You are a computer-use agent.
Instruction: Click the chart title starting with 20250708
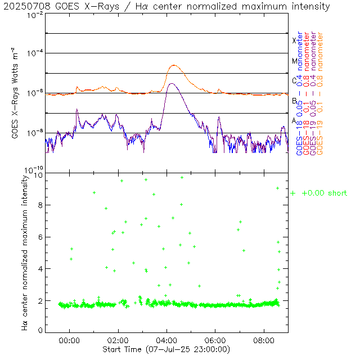(x=169, y=6)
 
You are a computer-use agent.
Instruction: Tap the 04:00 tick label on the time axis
(x=167, y=340)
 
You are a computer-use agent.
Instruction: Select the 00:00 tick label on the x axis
(x=69, y=340)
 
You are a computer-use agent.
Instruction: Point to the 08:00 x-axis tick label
(x=264, y=340)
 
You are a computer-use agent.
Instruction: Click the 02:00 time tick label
(x=118, y=340)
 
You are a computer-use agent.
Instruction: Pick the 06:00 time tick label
(x=215, y=340)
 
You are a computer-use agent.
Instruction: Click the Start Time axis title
(x=167, y=349)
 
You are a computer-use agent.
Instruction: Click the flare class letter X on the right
(x=294, y=40)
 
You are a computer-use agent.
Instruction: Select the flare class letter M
(x=294, y=61)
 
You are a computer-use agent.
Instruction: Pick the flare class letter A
(x=294, y=121)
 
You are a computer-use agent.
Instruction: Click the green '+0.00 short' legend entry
(x=319, y=193)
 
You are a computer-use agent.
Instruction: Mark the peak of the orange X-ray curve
(x=174, y=65)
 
